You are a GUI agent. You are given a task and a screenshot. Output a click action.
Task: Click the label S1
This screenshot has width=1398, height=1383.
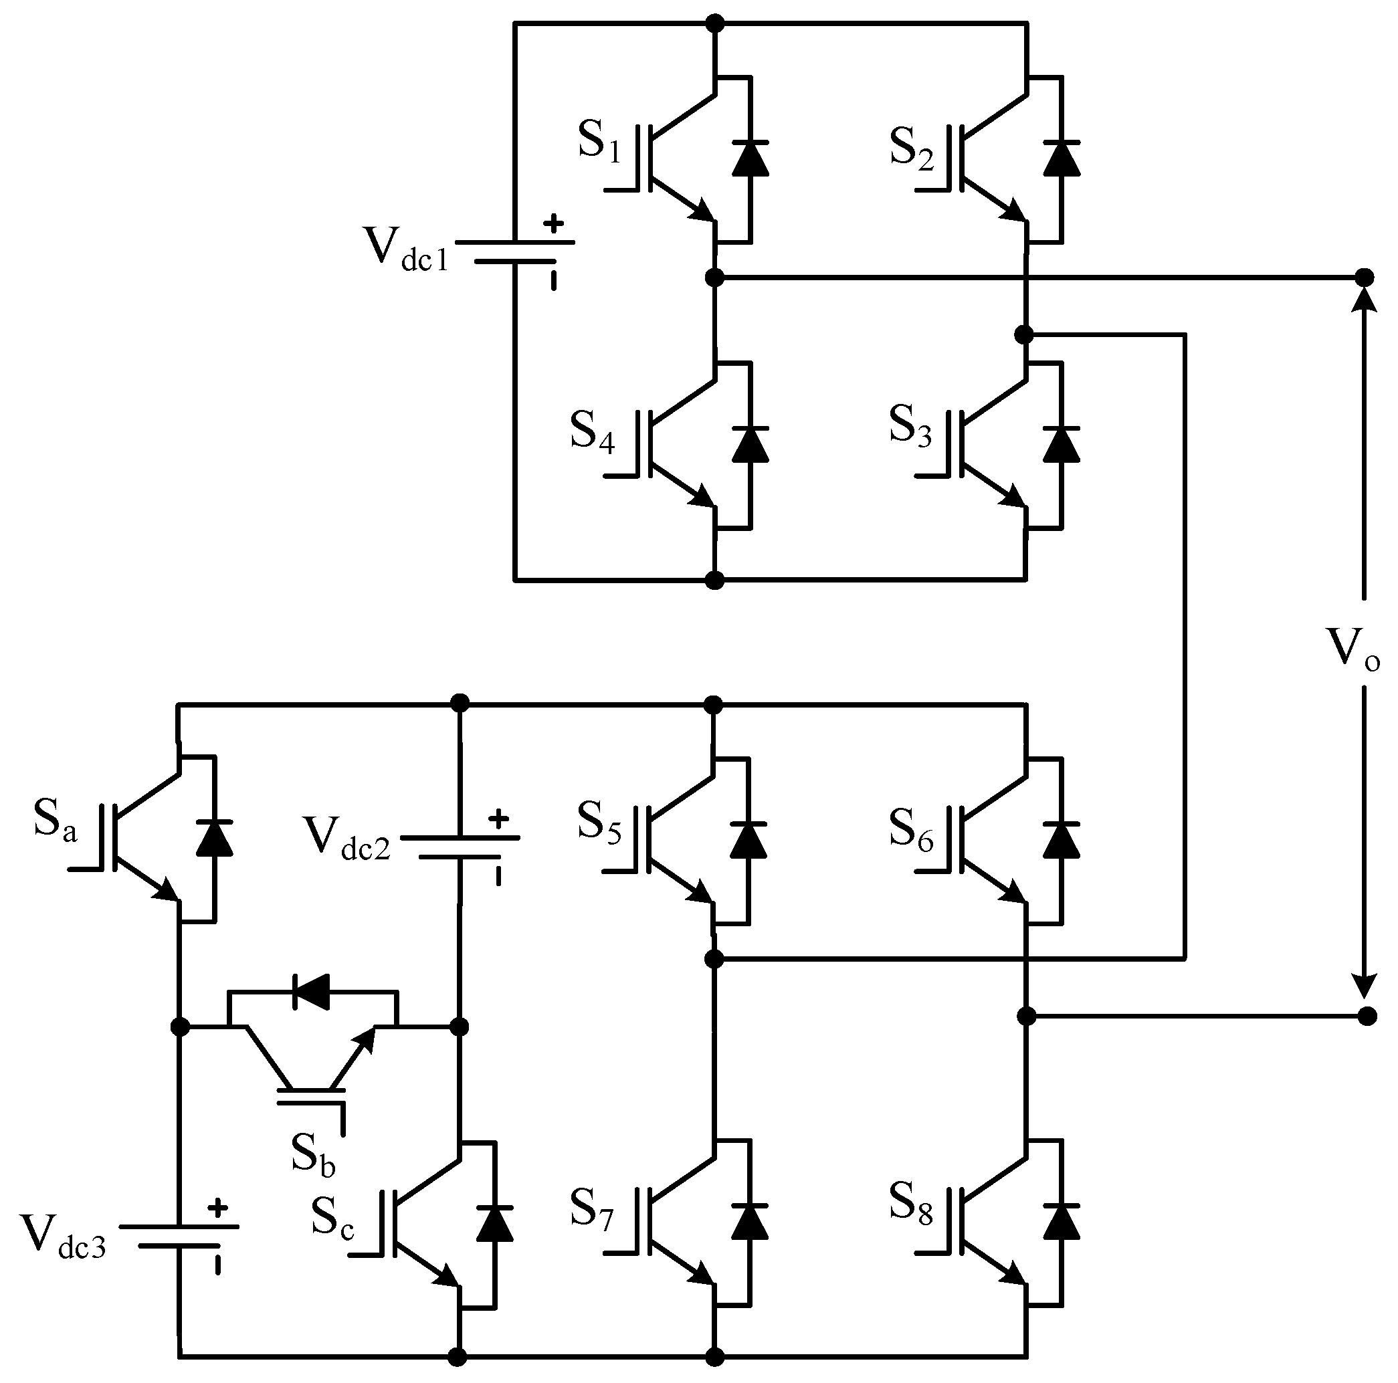coord(599,142)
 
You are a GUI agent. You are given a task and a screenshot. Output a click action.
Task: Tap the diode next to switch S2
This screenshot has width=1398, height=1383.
coord(1062,159)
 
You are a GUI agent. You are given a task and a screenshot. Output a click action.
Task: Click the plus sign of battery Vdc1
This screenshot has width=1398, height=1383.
coord(554,224)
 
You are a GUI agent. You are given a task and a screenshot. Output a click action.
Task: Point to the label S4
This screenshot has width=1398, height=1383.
coord(592,432)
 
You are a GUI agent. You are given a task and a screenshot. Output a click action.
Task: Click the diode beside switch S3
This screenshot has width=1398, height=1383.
coord(1062,445)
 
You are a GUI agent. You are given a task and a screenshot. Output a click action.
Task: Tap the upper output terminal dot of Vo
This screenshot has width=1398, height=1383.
coord(1364,277)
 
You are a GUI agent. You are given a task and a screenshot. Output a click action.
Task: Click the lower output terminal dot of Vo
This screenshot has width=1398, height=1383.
coord(1366,1017)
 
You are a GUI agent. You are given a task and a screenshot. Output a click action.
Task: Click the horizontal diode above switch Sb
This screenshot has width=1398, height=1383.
coord(312,992)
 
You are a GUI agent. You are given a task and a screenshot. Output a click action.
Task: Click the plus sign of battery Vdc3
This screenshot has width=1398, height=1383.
coord(217,1207)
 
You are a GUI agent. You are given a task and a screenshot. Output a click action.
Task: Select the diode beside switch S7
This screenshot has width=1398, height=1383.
coord(749,1222)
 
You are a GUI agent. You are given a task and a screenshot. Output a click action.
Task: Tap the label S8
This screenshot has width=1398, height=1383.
coord(911,1204)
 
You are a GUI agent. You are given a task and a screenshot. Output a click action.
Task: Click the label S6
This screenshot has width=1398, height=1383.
coord(911,828)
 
